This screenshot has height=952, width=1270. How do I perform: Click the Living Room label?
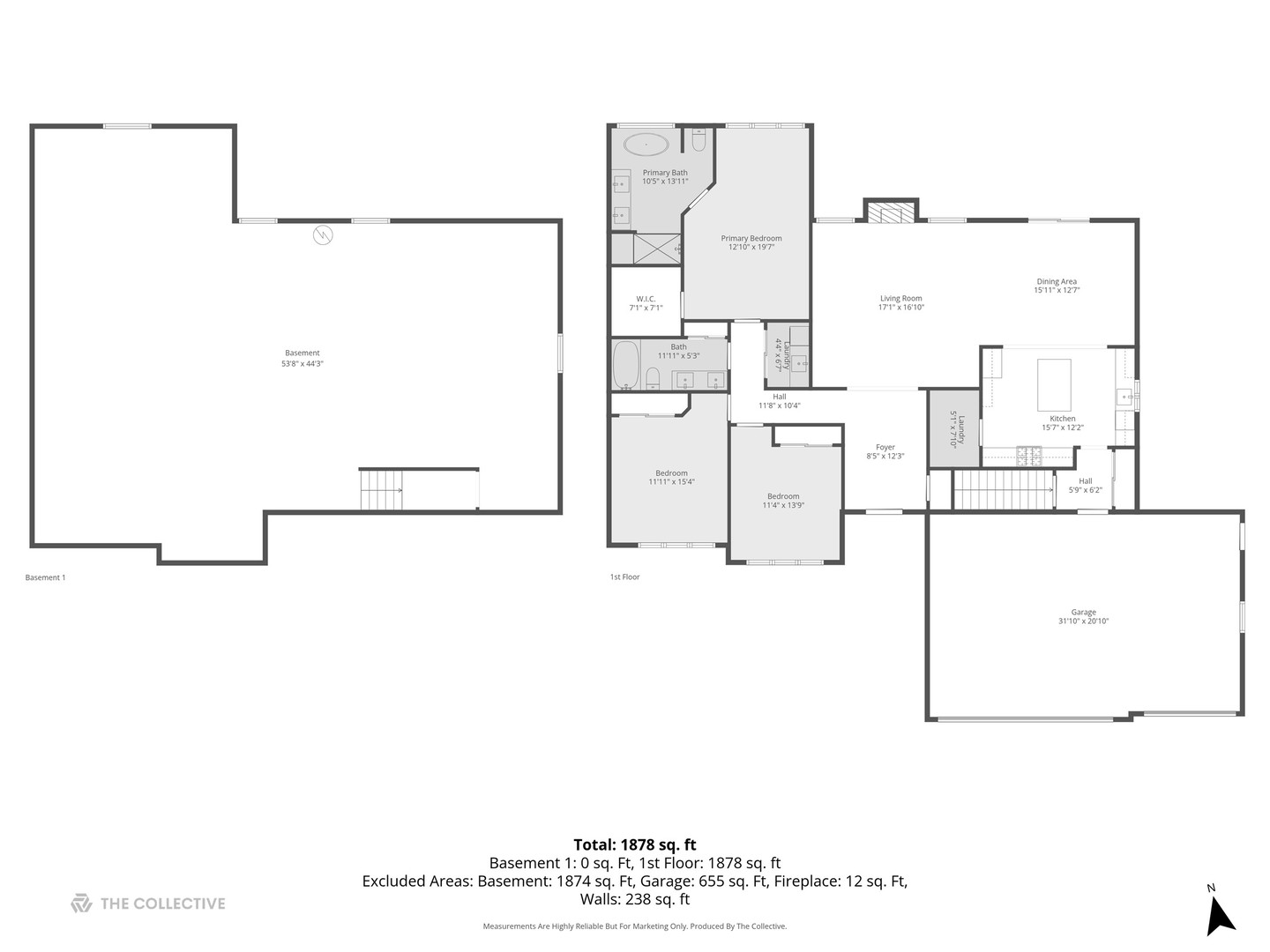[x=900, y=299]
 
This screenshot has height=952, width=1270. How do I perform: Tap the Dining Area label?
[x=1057, y=282]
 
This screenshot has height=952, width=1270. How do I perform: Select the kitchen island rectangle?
[x=1054, y=384]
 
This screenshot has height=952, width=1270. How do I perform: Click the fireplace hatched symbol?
[x=890, y=212]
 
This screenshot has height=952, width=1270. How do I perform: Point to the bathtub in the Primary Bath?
[x=646, y=144]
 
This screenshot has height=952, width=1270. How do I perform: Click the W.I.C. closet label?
[x=646, y=299]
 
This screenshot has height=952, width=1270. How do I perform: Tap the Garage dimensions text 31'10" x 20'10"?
[x=1083, y=621]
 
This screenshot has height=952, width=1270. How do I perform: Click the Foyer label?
[x=885, y=448]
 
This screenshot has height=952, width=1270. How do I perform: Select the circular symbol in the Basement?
[x=323, y=234]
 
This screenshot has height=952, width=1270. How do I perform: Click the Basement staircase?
[x=380, y=489]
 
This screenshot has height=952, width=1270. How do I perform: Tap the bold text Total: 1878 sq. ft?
[x=635, y=844]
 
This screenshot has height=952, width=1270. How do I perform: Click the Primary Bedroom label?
[x=751, y=238]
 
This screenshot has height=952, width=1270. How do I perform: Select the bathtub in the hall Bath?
[x=626, y=366]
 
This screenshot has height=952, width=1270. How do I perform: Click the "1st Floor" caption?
[x=624, y=577]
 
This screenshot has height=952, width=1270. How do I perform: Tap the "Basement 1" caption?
[x=45, y=578]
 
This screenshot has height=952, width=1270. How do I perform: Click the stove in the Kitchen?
[x=1028, y=456]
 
